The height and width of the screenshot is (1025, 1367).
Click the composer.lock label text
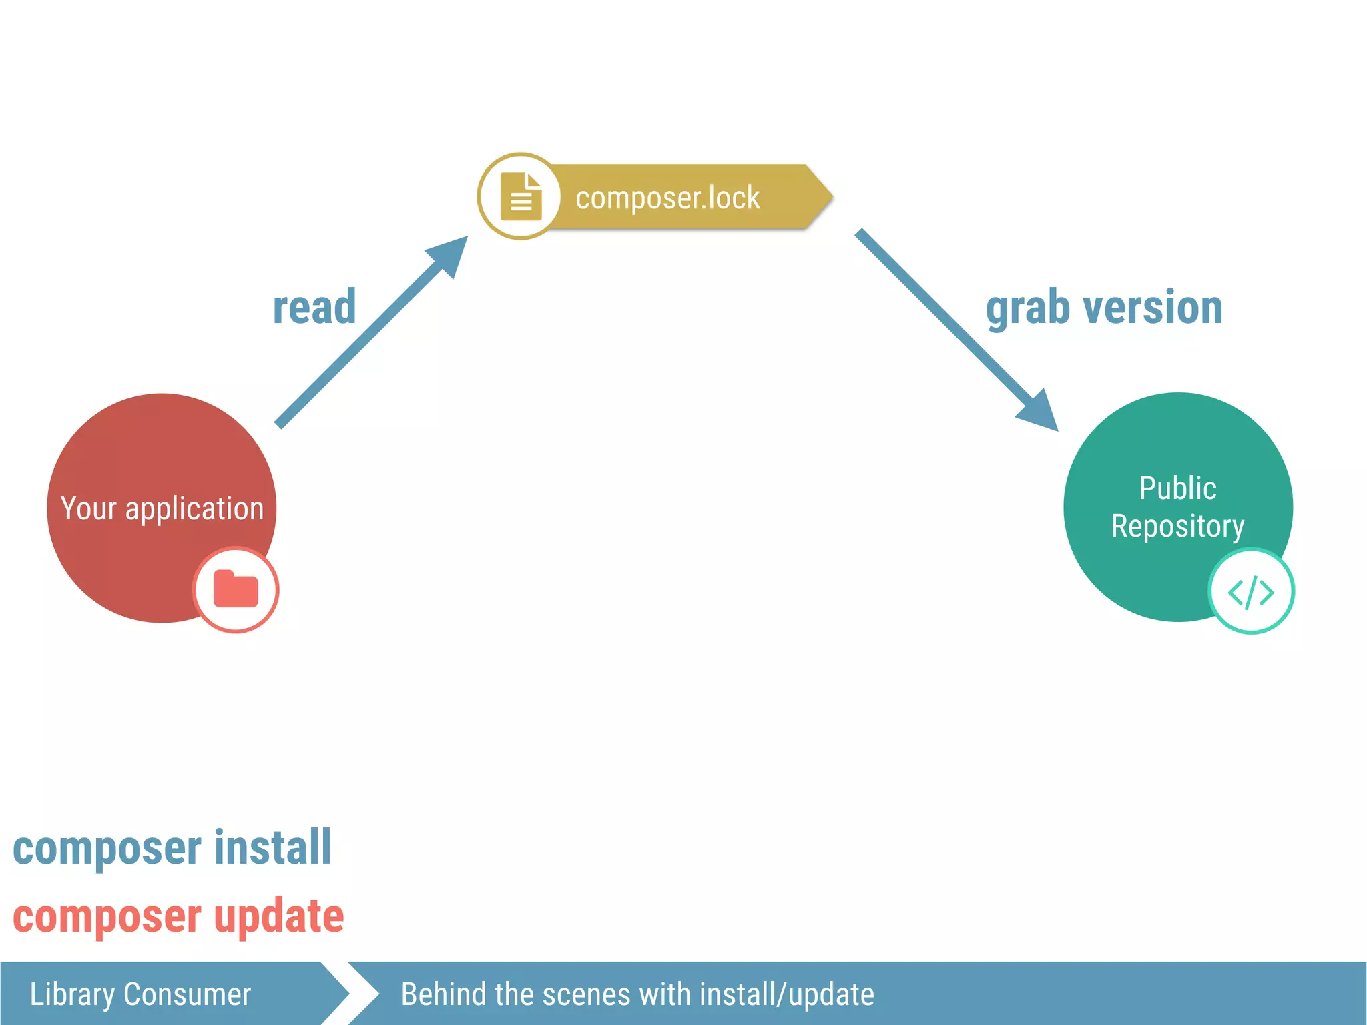click(667, 198)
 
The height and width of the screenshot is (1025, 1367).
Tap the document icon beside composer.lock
click(521, 196)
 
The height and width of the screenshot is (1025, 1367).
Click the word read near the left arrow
click(314, 308)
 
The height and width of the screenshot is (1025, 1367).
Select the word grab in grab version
click(1028, 309)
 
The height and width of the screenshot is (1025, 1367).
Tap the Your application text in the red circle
click(162, 508)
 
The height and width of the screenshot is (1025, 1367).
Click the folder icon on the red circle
click(236, 589)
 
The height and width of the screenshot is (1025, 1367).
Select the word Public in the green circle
click(1177, 488)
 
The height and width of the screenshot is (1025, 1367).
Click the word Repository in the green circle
click(1177, 526)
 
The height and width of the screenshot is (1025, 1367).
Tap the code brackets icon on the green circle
click(1251, 591)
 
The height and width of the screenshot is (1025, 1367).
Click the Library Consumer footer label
click(140, 994)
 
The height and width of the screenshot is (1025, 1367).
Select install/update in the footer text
click(786, 994)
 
